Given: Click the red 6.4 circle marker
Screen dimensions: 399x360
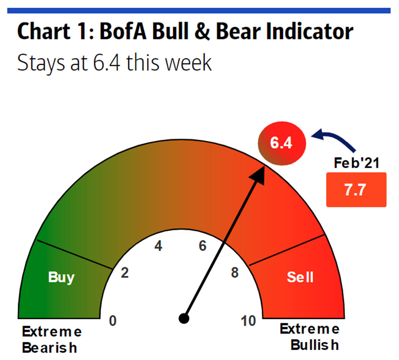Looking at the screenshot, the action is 282,143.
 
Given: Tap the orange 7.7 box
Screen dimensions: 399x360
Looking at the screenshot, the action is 356,190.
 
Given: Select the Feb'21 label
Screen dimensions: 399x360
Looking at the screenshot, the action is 356,163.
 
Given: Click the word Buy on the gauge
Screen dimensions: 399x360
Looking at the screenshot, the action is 61,277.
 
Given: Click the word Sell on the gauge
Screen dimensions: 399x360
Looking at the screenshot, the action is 300,277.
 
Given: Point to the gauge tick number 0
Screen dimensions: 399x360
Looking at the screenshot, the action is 113,321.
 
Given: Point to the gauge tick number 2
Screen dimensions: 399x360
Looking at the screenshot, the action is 125,272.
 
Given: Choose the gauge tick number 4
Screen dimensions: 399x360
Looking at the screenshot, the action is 158,246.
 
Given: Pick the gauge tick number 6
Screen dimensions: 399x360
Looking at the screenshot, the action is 203,246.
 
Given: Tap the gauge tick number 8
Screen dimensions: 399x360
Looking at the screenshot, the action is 235,272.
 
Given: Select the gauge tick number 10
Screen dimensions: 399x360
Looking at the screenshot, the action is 248,321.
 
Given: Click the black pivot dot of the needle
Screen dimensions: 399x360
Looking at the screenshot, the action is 184,319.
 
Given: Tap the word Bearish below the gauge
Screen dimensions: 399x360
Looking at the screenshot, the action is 49,348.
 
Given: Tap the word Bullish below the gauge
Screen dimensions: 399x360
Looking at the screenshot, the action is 315,345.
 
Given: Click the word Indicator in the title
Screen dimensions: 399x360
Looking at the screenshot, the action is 310,31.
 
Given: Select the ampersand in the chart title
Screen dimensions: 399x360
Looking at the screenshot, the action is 203,32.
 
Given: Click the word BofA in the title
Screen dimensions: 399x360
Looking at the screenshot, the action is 123,31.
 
